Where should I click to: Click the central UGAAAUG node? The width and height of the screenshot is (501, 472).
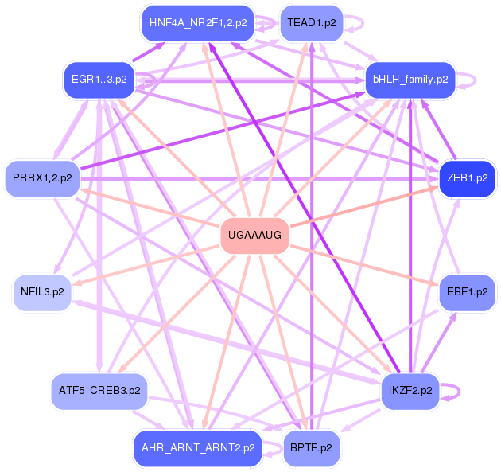pyautogui.click(x=254, y=236)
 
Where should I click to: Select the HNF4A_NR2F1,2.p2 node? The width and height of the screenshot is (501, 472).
pyautogui.click(x=198, y=23)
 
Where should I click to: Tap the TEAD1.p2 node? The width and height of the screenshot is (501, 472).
pyautogui.click(x=312, y=23)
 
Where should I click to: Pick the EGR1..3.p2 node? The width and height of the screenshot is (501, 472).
pyautogui.click(x=99, y=80)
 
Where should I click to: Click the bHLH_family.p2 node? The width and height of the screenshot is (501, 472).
pyautogui.click(x=410, y=80)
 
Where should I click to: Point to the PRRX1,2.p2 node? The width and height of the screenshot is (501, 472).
pyautogui.click(x=42, y=178)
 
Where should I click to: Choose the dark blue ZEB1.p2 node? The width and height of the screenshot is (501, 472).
pyautogui.click(x=467, y=178)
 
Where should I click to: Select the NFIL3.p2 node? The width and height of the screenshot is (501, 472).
pyautogui.click(x=42, y=292)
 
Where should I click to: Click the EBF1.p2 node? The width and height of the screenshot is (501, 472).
pyautogui.click(x=467, y=292)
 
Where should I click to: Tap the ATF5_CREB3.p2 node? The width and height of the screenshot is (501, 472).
pyautogui.click(x=99, y=391)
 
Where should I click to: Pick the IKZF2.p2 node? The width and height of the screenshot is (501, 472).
pyautogui.click(x=410, y=391)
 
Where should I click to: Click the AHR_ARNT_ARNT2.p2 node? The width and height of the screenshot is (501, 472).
pyautogui.click(x=198, y=448)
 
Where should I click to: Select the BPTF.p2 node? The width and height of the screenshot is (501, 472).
pyautogui.click(x=311, y=448)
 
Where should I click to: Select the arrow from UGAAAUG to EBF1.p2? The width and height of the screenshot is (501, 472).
pyautogui.click(x=364, y=265)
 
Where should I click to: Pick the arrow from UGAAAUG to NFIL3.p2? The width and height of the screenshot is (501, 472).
pyautogui.click(x=146, y=265)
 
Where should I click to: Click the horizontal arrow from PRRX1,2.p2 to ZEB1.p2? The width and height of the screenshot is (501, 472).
pyautogui.click(x=259, y=179)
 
